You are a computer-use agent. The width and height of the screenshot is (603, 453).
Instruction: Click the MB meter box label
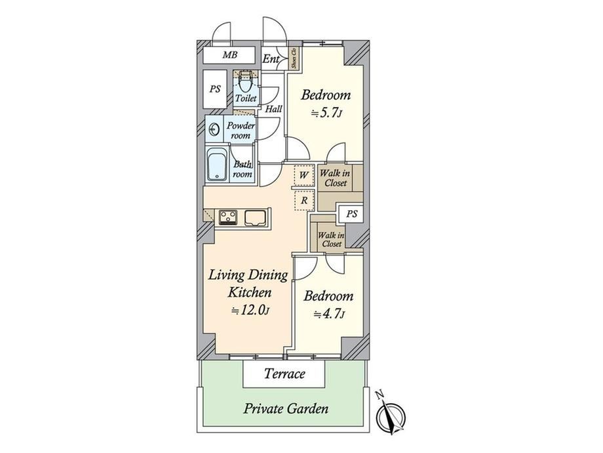[230, 54]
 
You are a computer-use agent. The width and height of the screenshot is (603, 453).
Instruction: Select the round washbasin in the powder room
[214, 128]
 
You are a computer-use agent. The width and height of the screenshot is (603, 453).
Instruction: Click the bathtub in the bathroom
[218, 165]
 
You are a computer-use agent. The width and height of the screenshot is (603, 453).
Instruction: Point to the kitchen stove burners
[228, 217]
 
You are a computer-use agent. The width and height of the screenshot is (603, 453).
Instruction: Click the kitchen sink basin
[256, 218]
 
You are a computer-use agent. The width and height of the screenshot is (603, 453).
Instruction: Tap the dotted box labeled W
[304, 175]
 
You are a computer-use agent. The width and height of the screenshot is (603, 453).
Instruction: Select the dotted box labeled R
[304, 200]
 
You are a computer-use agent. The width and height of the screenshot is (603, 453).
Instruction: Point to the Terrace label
[284, 374]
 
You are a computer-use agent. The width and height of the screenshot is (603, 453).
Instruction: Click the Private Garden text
[286, 408]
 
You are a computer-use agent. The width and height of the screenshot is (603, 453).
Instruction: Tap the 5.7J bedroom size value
[326, 113]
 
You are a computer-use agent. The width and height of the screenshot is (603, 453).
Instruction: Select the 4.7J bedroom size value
[329, 314]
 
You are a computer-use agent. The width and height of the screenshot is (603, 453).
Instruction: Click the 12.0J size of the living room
[249, 310]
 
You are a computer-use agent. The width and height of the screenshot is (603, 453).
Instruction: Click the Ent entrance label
[271, 59]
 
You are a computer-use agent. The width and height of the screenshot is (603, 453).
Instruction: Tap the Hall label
[273, 109]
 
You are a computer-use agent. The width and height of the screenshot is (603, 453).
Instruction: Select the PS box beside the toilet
[215, 89]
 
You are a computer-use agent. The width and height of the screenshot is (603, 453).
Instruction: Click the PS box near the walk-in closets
[351, 214]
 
